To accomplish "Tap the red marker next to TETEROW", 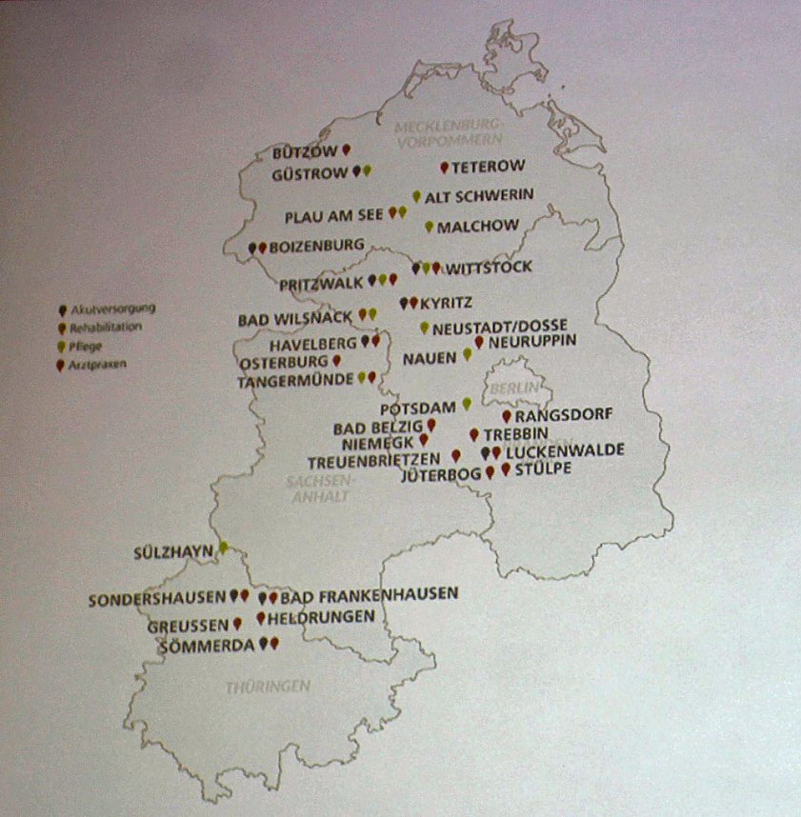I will coord(444,168).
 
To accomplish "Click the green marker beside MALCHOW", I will coord(429,227).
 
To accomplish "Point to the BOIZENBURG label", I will coord(316,246).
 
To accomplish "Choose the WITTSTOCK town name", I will coord(489,267).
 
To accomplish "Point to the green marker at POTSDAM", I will coord(467,404).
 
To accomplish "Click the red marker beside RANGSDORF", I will coord(506,415).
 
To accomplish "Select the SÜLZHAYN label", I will coord(173,550).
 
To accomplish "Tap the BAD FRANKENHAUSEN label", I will coord(370,594).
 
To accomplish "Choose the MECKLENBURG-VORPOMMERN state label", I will coord(448,133).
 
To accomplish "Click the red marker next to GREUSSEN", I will coord(236,625).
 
